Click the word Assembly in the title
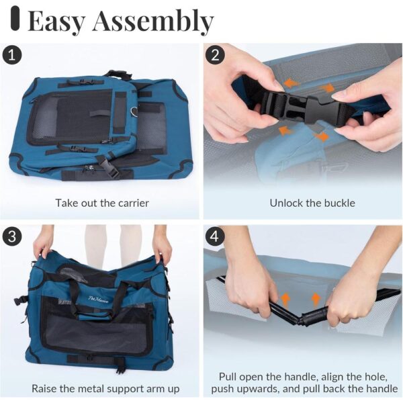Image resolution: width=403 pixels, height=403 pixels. point(152,22)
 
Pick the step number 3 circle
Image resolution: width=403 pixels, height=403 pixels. point(13,236)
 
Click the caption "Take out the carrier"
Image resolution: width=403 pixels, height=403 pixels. point(102,202)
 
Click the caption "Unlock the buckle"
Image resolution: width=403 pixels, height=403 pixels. point(304,202)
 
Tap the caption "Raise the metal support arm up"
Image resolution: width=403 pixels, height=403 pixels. point(105,388)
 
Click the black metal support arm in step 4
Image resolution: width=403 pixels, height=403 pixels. point(306,315)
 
